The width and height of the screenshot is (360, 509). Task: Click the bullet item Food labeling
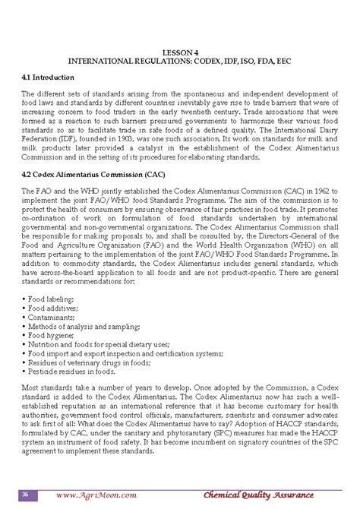coord(49,299)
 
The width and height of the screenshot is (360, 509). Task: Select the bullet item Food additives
coord(50,308)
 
